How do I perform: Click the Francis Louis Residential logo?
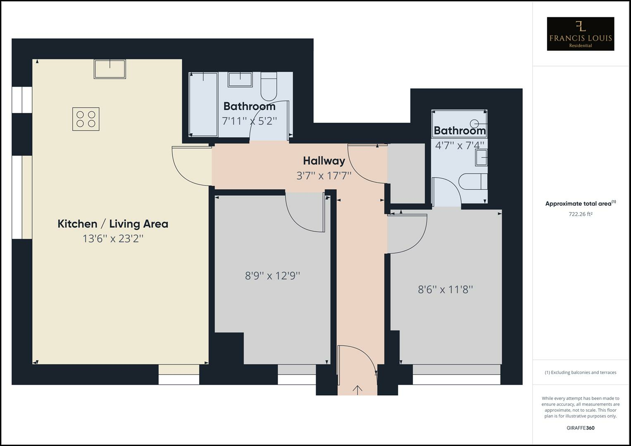click(580, 34)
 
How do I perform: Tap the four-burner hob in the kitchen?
click(86, 119)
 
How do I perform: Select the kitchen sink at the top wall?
click(110, 69)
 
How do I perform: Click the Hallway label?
click(324, 161)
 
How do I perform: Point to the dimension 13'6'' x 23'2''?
click(113, 239)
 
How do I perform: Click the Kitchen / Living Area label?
click(113, 224)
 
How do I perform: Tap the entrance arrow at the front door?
click(357, 389)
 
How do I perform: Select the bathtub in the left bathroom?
click(203, 104)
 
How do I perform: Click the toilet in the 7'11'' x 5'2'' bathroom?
click(269, 86)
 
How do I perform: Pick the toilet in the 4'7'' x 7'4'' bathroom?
click(473, 182)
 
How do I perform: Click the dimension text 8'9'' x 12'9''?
click(272, 275)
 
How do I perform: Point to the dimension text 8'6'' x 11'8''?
click(445, 289)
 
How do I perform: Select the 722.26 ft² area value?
click(580, 214)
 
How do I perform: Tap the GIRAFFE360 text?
click(580, 428)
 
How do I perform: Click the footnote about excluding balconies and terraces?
click(580, 372)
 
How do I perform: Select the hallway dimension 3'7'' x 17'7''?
click(324, 176)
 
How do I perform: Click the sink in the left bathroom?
click(240, 79)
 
